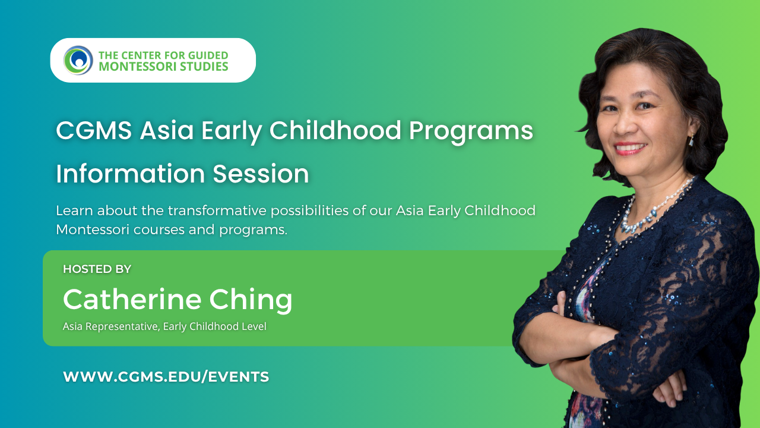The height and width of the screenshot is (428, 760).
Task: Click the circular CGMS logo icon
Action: coord(78,61)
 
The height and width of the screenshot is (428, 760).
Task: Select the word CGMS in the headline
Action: coord(94,131)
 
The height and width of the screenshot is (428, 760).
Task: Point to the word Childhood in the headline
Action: coord(335,130)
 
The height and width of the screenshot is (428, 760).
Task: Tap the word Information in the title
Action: coord(131,174)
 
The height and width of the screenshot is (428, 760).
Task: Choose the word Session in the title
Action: coord(261,174)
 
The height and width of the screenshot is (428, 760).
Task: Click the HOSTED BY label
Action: coord(97,269)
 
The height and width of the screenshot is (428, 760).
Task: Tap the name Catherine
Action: coord(132,299)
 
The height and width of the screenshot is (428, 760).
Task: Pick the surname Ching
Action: coord(251,300)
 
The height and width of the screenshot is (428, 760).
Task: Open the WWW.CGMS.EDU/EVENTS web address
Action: coord(166,377)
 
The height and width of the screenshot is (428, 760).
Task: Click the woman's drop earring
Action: coord(691,140)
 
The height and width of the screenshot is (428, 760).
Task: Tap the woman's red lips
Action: coord(631,149)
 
